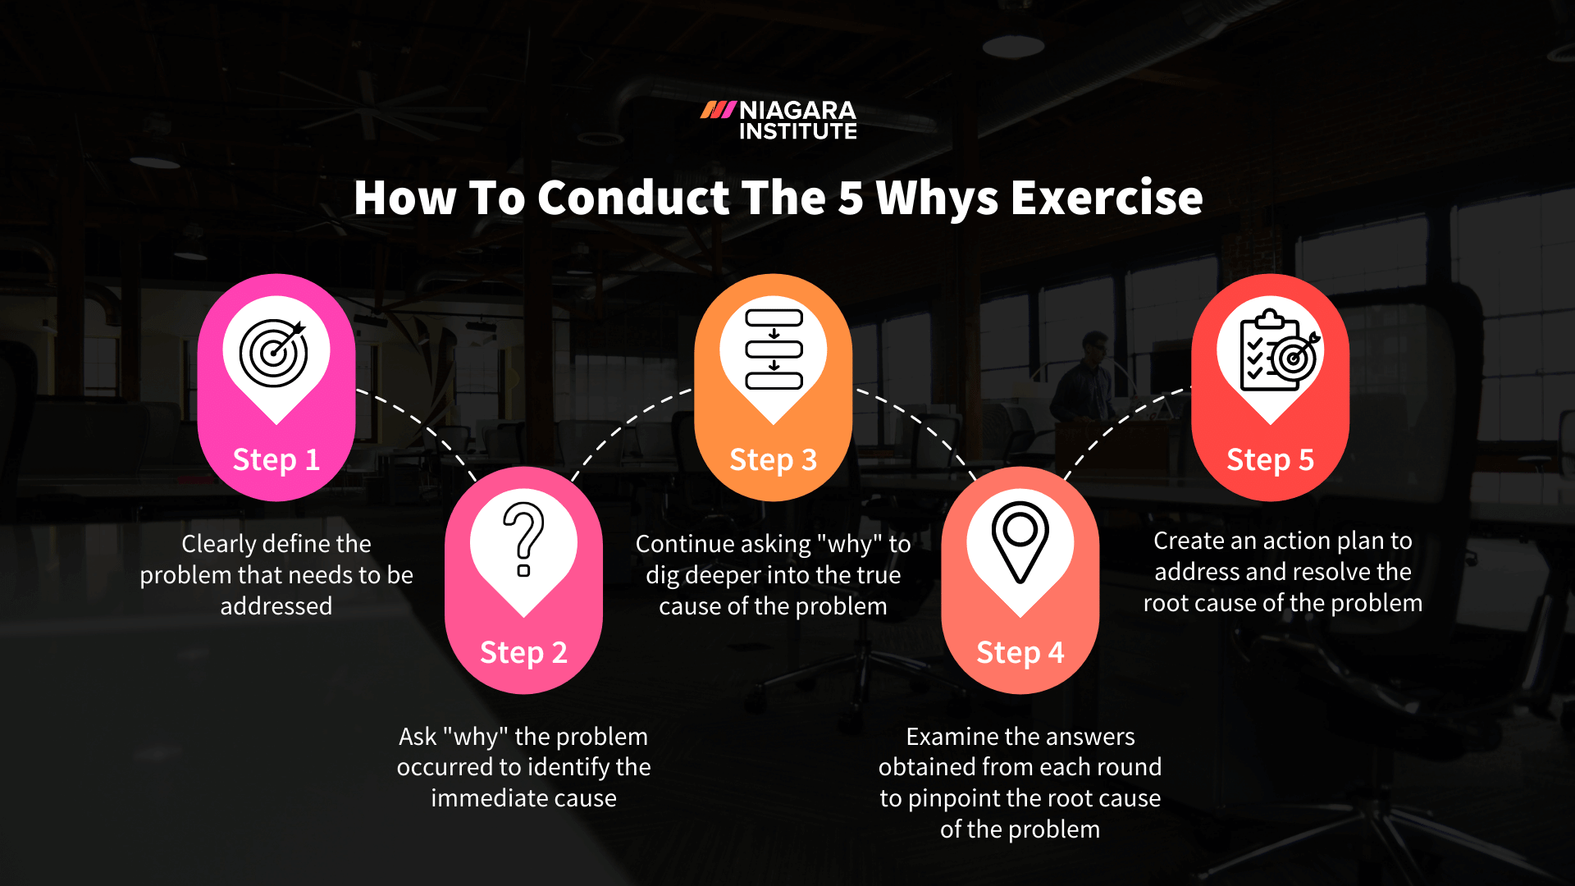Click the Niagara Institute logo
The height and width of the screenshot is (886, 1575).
(x=778, y=120)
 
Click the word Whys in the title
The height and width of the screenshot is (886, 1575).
(x=937, y=199)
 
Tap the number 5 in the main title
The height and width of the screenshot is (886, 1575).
(x=851, y=199)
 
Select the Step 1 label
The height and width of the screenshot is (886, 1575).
(x=276, y=459)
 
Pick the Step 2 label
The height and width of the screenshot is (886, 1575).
(x=523, y=652)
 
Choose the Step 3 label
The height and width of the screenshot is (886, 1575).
(x=773, y=459)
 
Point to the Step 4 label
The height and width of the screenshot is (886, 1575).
(x=1020, y=652)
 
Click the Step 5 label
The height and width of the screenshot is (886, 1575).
(x=1270, y=459)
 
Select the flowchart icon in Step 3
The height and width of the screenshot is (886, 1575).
(x=774, y=349)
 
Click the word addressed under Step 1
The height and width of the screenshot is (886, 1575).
(x=276, y=606)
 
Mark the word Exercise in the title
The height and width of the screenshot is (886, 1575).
(x=1107, y=199)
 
